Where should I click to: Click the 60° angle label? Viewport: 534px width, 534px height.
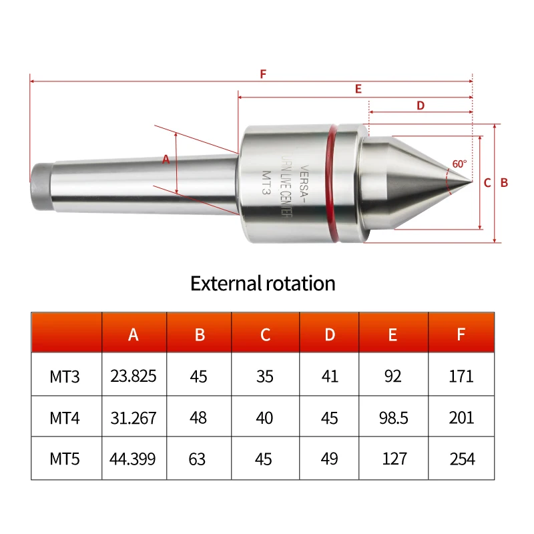click(459, 164)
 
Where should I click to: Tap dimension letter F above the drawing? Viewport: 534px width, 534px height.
click(263, 74)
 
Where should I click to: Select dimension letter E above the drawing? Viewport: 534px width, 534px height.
click(358, 89)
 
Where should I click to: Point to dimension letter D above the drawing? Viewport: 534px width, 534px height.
click(421, 105)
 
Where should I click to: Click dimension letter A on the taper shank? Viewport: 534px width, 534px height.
click(166, 159)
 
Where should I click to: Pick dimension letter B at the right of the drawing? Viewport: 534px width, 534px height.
click(504, 183)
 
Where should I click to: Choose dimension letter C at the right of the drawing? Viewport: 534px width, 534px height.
click(487, 183)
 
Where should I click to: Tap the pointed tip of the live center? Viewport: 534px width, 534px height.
click(472, 182)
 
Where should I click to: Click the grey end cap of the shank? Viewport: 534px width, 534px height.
click(40, 187)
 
